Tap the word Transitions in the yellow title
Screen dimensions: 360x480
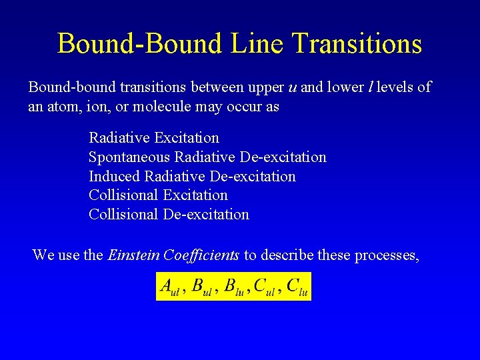(357, 44)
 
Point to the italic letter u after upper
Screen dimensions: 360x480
(292, 87)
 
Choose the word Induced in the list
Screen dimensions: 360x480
(114, 176)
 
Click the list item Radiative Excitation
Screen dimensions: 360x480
(154, 138)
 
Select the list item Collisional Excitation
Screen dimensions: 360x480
(158, 195)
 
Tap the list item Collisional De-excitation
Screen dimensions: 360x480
(169, 215)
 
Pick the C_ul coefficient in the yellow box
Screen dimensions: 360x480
(266, 287)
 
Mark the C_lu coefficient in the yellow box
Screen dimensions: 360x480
(297, 287)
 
